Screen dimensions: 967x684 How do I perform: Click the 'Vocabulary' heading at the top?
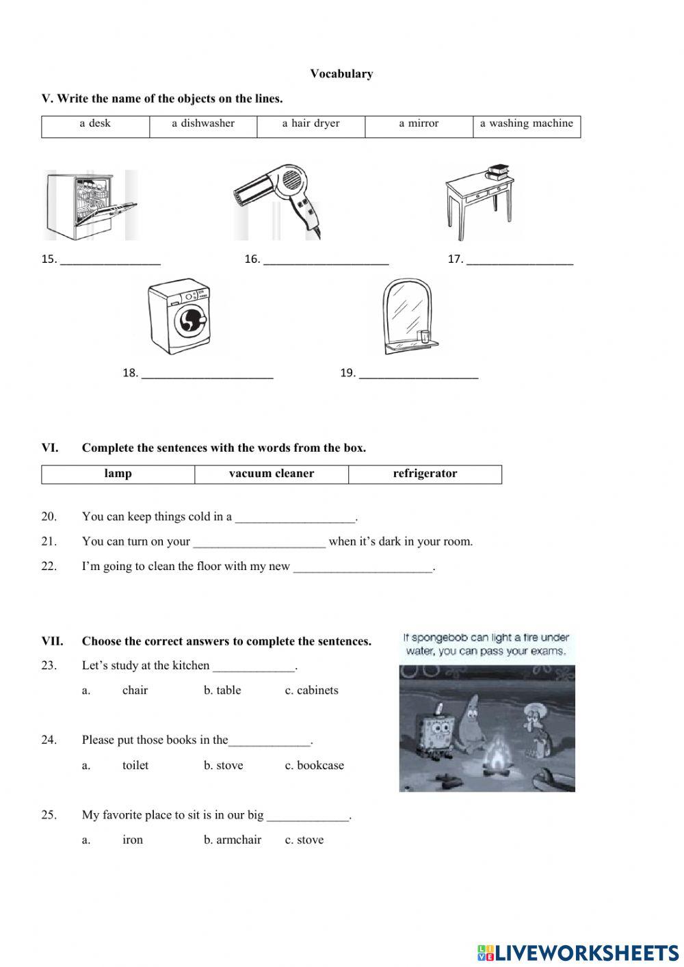coord(341,74)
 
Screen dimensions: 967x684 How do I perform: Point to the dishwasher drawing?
coord(90,205)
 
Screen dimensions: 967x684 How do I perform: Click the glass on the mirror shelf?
coord(424,337)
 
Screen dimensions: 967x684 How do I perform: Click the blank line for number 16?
coord(326,260)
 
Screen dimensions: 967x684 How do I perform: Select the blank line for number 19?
coord(418,374)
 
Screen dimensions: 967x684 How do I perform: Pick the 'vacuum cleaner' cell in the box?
coord(272,474)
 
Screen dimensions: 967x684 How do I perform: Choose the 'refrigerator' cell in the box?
coord(425,474)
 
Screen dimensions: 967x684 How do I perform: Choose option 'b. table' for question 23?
coord(222,691)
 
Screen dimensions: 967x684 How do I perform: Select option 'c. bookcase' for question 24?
coord(314,766)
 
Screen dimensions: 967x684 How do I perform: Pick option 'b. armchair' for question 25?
coord(233,840)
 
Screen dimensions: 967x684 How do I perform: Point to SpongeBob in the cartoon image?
coord(436,736)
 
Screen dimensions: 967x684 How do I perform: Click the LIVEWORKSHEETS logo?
coord(578,953)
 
